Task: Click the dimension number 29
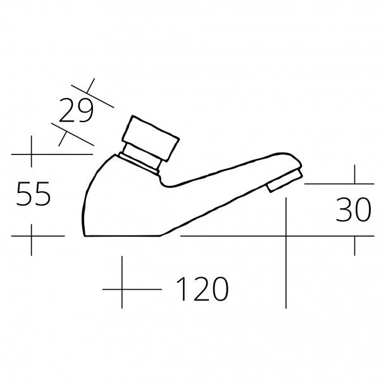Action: pos(76,110)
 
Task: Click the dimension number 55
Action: pos(34,194)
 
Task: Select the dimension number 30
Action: pos(353,209)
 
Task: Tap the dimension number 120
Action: pos(202,289)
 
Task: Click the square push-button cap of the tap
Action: pos(151,138)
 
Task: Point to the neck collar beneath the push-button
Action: pos(140,159)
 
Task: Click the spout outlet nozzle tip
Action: pos(285,181)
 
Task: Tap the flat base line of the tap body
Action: pos(122,236)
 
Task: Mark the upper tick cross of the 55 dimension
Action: pos(31,154)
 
